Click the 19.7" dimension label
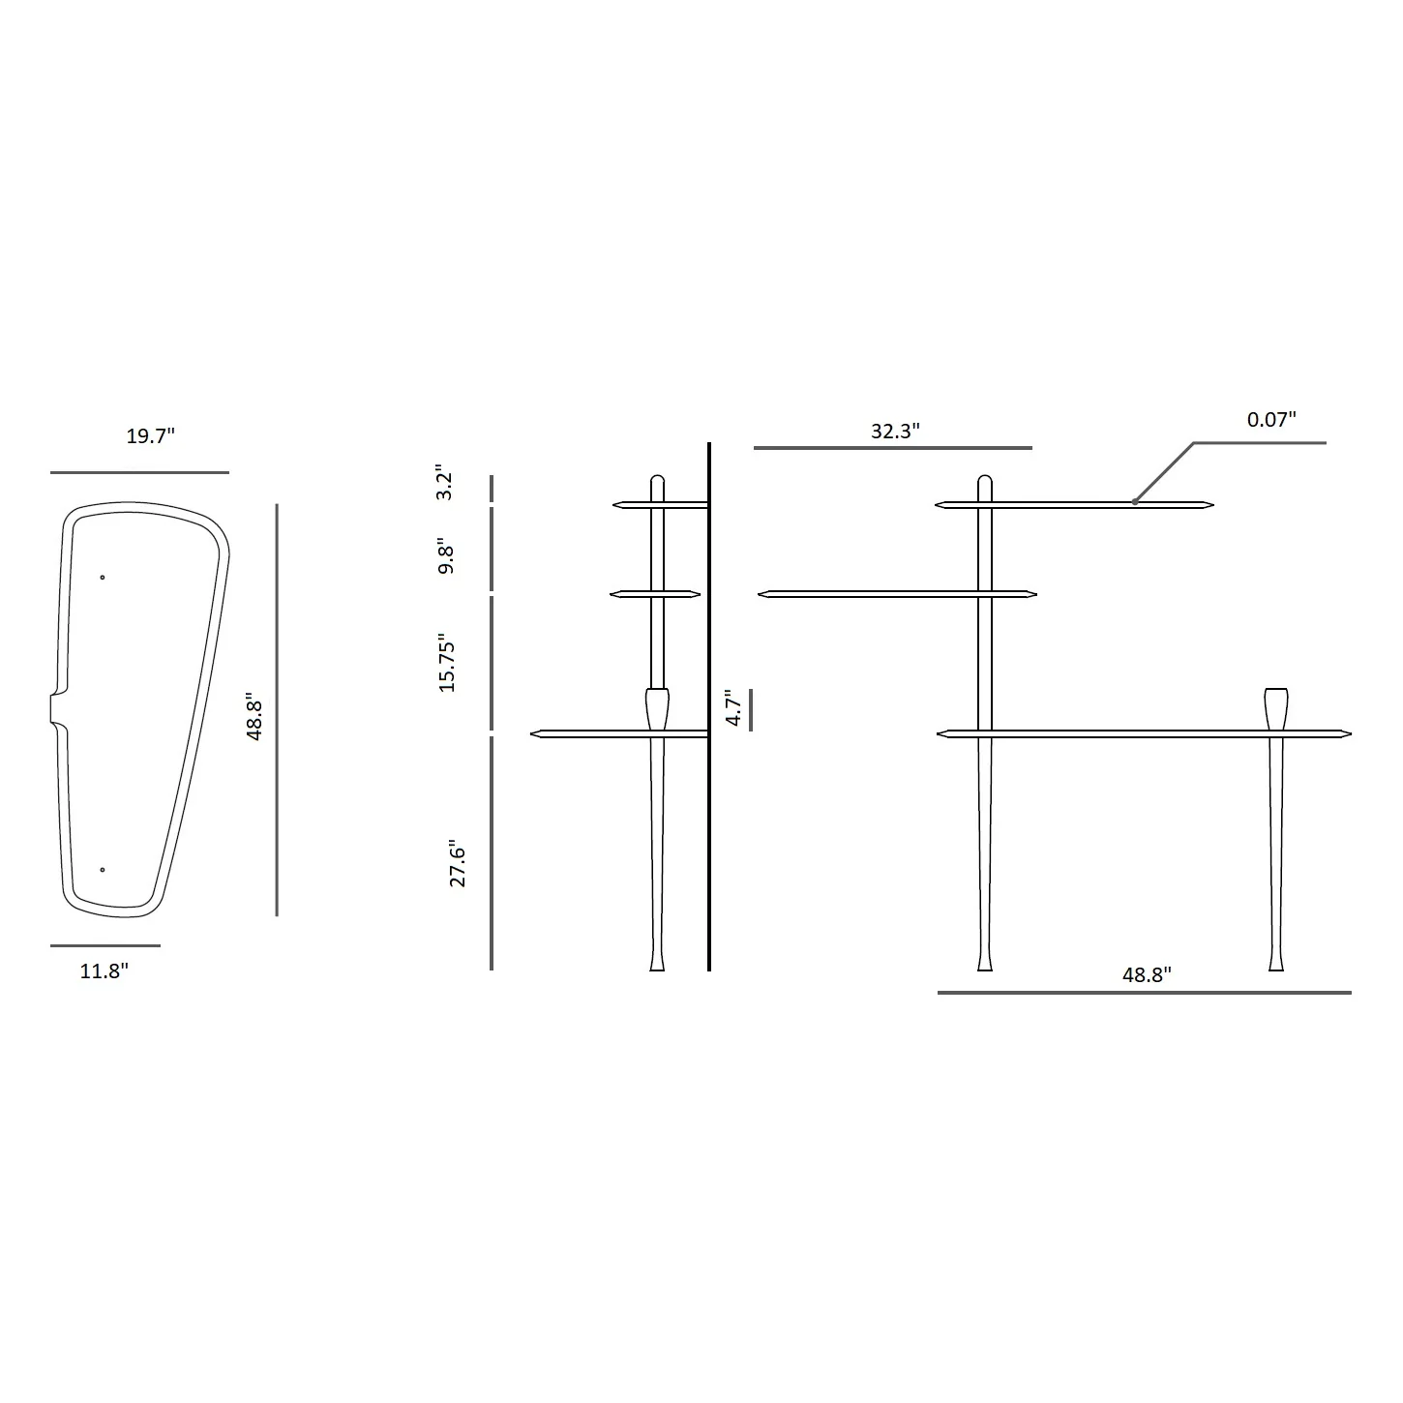pos(151,436)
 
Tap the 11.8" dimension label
pos(104,970)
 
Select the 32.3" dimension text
pos(896,431)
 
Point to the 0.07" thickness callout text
pos(1272,419)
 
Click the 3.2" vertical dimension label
pos(444,482)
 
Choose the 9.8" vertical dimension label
pos(446,556)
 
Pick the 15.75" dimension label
pos(446,663)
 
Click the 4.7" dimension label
pos(733,707)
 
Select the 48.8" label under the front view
pos(1147,975)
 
